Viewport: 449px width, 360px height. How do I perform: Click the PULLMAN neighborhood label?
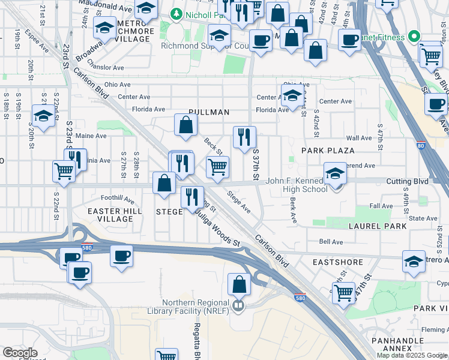pos(208,112)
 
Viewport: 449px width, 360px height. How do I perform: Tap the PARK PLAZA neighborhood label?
pos(328,150)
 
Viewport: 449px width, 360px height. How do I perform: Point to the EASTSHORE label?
pos(337,262)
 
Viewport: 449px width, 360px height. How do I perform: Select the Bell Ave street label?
pos(331,242)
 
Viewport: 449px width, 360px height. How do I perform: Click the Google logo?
pos(20,353)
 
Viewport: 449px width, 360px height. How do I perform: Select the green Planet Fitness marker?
pos(413,37)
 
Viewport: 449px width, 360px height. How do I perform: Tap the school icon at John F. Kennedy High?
pos(335,173)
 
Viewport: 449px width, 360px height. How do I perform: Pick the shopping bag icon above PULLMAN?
pos(186,124)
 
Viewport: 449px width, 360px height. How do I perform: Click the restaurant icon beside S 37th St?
pos(244,137)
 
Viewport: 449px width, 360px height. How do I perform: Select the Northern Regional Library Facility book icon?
pos(238,307)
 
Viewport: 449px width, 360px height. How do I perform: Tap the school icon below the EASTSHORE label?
pos(413,261)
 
